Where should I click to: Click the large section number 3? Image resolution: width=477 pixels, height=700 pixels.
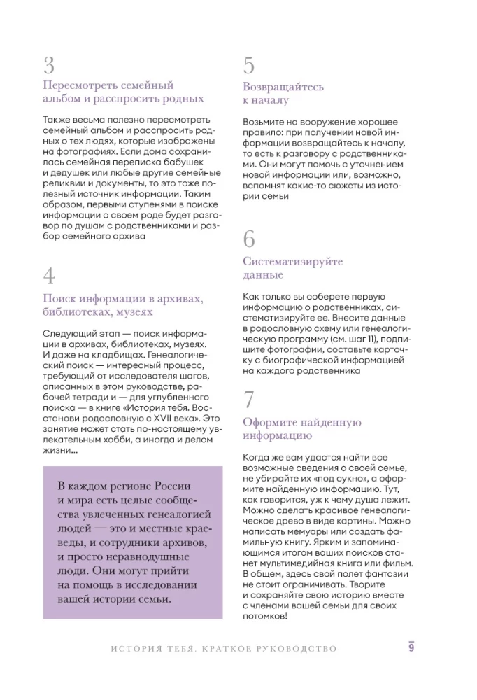[48, 66]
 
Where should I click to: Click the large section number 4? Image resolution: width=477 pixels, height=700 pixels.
[49, 276]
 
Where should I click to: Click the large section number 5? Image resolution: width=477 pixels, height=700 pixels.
[249, 66]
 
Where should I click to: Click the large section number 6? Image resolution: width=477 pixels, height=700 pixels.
[249, 239]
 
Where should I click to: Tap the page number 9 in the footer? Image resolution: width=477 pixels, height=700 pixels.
[412, 647]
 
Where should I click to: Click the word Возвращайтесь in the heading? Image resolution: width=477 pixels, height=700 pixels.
[283, 87]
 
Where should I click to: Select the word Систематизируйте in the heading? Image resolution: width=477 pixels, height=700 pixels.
[292, 262]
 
